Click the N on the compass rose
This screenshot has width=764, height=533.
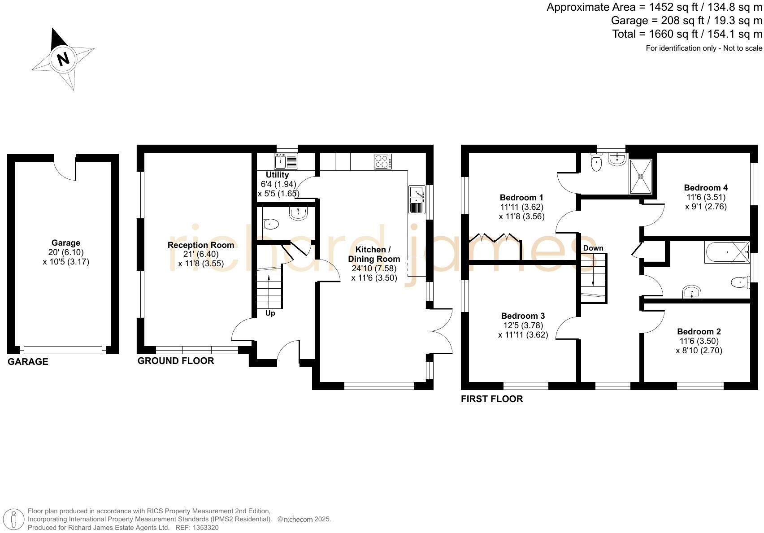point(63,59)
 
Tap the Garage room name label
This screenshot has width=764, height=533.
point(65,243)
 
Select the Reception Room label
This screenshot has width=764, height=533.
point(200,245)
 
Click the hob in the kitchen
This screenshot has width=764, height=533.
point(382,161)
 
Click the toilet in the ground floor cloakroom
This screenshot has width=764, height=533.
point(271,223)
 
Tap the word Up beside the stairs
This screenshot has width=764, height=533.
point(270,313)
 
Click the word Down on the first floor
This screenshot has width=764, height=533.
point(593,248)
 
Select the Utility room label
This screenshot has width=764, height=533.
point(277,175)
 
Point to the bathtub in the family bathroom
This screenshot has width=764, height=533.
point(726,252)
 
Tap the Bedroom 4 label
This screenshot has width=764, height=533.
point(705,188)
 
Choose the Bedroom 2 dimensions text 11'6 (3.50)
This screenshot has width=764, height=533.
point(699,341)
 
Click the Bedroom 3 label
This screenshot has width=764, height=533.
point(523,316)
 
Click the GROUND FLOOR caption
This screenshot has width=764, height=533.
point(175,361)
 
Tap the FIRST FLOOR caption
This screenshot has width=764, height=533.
point(491,399)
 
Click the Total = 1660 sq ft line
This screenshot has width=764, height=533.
point(687,34)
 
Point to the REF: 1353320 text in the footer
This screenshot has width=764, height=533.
point(197,528)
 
